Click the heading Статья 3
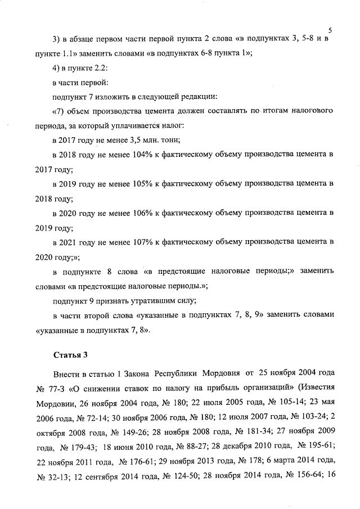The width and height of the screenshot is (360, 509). click(x=70, y=355)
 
